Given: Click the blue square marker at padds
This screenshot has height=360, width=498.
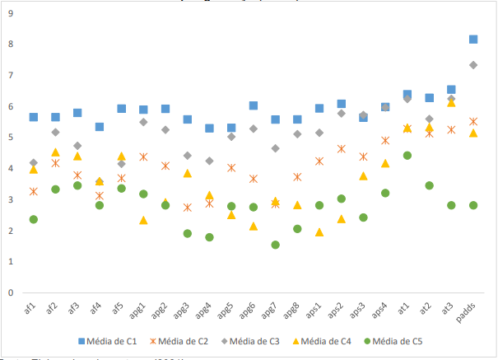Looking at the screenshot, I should point(473,39).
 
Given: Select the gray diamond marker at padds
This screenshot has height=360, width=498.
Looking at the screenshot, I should point(473,64).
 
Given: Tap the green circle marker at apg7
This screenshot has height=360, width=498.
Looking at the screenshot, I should point(275,245).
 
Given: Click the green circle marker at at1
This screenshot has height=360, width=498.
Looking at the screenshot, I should point(407,155).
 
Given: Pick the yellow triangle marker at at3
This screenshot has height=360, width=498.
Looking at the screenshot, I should point(451,102).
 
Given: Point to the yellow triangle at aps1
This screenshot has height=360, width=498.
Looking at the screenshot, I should point(319,232).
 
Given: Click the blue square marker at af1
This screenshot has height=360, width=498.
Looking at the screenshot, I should point(34,117).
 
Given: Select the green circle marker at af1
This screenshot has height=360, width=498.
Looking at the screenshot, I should point(34,219).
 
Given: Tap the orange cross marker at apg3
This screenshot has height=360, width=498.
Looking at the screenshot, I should point(187,208).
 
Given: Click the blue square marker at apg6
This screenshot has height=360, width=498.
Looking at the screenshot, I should point(254,105).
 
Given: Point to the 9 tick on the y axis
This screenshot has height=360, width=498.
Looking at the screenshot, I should point(10,12).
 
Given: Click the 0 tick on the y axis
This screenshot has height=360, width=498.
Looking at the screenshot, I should point(10,292).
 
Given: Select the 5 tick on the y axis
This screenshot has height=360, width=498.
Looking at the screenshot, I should point(10,137).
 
